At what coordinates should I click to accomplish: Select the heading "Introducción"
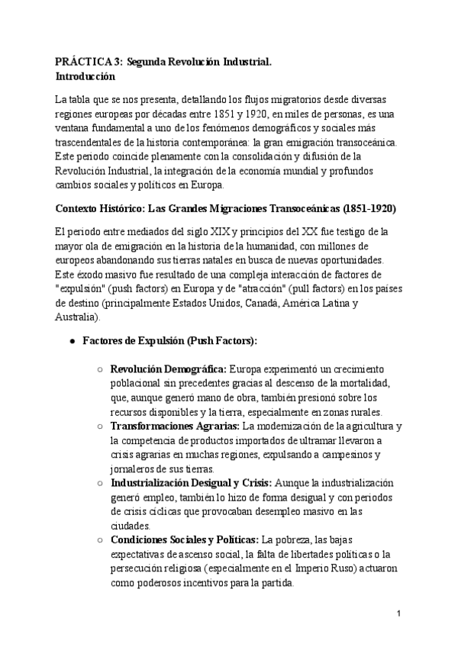click(x=85, y=76)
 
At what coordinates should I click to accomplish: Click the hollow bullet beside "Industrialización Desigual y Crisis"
click(x=102, y=483)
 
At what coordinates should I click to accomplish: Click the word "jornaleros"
click(x=136, y=468)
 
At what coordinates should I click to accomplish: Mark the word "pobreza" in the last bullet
click(x=295, y=539)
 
